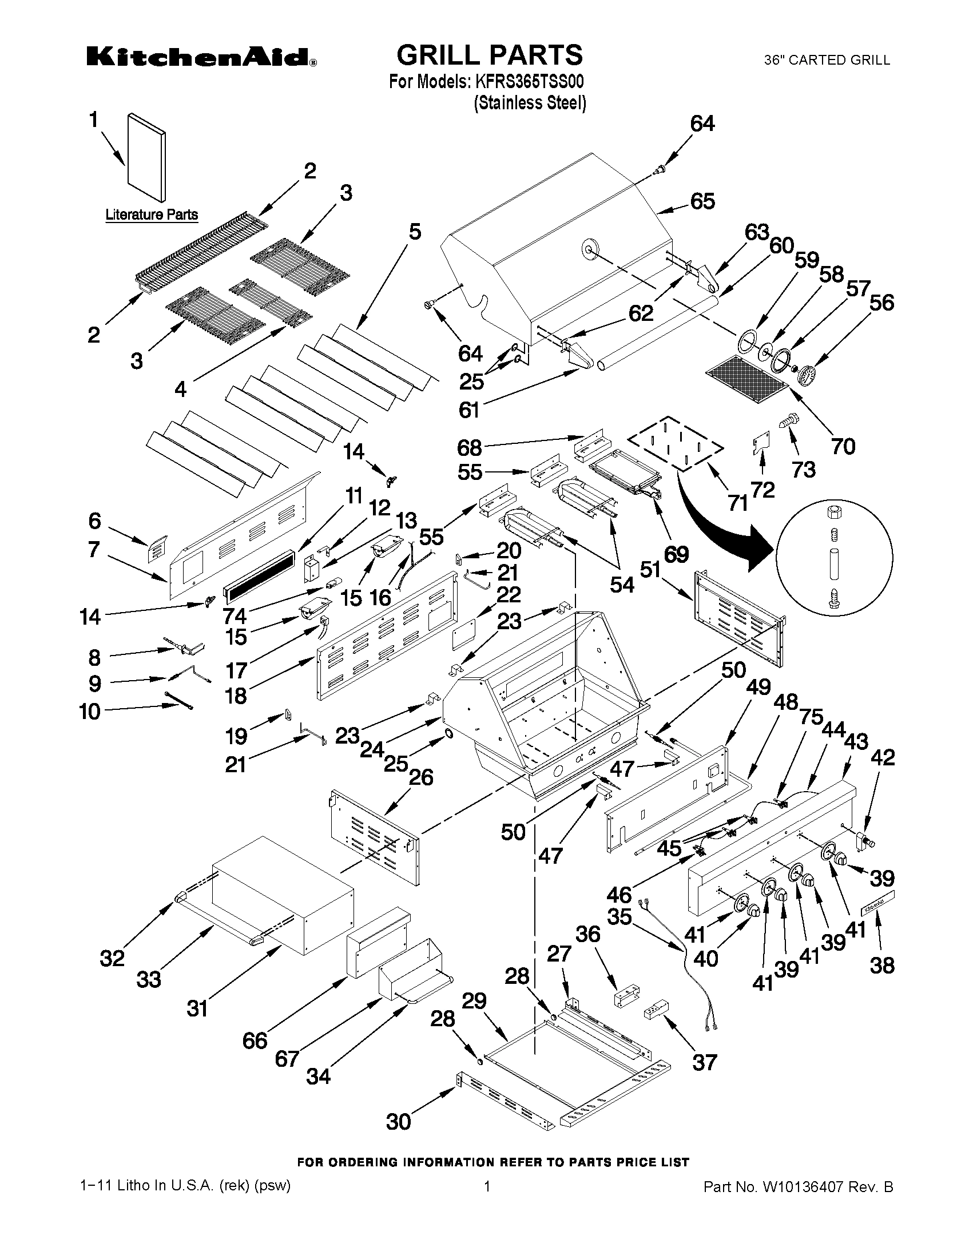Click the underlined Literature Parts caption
[152, 215]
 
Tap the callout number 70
[843, 446]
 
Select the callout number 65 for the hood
[702, 201]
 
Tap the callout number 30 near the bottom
[398, 1121]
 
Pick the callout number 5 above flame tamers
[415, 232]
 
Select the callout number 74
[235, 615]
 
